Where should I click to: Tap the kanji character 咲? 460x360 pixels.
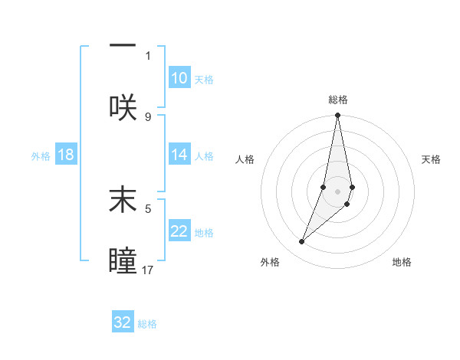tap(123, 107)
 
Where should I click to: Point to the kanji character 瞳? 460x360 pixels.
tap(123, 261)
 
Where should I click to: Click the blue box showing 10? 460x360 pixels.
tap(179, 78)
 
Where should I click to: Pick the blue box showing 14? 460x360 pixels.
tap(179, 155)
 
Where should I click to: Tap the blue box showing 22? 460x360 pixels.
tap(179, 231)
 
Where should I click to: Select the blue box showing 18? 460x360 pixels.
tap(66, 155)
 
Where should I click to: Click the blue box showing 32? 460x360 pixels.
tap(123, 322)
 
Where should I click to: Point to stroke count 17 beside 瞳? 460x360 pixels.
tap(149, 270)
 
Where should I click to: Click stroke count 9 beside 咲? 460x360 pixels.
tap(148, 116)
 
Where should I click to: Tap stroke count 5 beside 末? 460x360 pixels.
tap(148, 208)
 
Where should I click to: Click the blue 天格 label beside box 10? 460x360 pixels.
tap(204, 79)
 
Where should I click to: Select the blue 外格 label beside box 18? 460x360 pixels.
tap(41, 155)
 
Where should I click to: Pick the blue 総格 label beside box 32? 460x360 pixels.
tap(147, 323)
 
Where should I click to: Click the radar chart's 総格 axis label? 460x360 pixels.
tap(338, 100)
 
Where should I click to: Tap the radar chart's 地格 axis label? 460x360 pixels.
tap(402, 262)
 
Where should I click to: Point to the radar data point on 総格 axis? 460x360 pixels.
tap(337, 116)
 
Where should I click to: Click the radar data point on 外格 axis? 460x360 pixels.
tap(302, 242)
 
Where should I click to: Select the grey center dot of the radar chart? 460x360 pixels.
tap(337, 191)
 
